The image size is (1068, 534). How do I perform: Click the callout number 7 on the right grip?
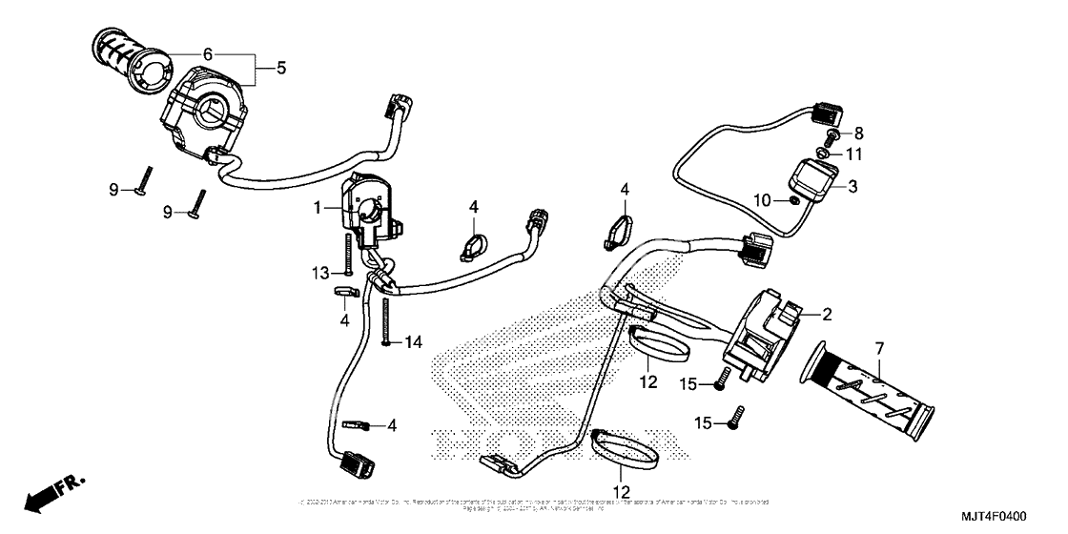(x=878, y=347)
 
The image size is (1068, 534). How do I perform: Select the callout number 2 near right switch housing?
(x=828, y=313)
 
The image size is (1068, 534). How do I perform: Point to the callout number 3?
(x=852, y=188)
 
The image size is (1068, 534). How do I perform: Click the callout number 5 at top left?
(x=281, y=69)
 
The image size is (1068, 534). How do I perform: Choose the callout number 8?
(x=858, y=133)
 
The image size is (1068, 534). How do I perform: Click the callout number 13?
(x=321, y=274)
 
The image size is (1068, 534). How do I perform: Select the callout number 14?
(x=412, y=341)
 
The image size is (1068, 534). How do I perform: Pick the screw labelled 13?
(x=348, y=255)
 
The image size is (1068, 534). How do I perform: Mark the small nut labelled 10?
(x=791, y=200)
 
